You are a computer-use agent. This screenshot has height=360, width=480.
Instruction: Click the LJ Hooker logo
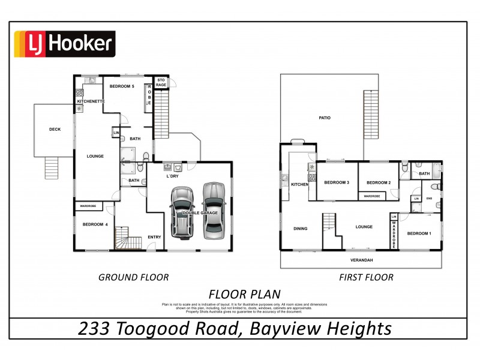[x=64, y=44]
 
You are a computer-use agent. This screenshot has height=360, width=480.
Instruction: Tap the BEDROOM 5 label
[x=122, y=86]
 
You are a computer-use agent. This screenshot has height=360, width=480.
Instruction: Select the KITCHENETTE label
[x=91, y=101]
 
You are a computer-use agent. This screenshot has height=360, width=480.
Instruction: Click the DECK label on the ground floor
[x=55, y=129]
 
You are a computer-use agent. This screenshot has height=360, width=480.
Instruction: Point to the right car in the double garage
[x=213, y=208]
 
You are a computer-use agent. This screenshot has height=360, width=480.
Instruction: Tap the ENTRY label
[x=154, y=237]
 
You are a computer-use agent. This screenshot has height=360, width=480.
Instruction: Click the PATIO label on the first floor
[x=325, y=118]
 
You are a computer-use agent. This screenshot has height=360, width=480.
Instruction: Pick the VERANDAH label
[x=362, y=260]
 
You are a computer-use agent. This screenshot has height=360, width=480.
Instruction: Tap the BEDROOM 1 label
[x=419, y=233]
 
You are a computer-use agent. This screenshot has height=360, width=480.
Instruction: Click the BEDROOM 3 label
[x=337, y=182]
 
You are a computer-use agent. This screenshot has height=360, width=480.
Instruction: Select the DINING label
[x=300, y=228]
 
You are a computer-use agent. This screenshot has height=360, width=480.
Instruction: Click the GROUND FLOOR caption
[x=133, y=277]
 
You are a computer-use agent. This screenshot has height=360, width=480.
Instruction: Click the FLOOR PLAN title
[x=244, y=294]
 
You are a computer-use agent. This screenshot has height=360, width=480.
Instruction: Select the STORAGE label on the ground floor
[x=161, y=83]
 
